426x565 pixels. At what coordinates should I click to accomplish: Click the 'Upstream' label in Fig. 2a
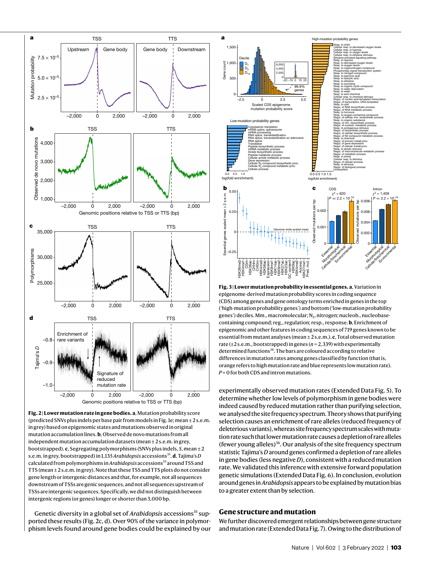pyautogui.click(x=78, y=49)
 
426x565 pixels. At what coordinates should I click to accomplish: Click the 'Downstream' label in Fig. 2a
pyautogui.click(x=191, y=49)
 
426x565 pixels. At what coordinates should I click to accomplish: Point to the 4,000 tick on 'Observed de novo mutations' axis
pyautogui.click(x=47, y=143)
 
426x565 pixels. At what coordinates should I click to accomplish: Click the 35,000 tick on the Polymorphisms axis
pyautogui.click(x=45, y=232)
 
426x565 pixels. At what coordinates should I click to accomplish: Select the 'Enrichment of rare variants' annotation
pyautogui.click(x=72, y=337)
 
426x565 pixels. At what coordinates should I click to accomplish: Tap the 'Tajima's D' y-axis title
pyautogui.click(x=37, y=358)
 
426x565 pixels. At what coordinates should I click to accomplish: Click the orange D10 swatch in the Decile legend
pyautogui.click(x=241, y=73)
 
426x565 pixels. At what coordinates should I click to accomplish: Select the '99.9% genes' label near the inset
pyautogui.click(x=299, y=88)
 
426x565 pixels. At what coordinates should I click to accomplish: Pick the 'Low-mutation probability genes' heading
pyautogui.click(x=254, y=121)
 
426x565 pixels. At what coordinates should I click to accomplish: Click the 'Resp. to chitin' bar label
pyautogui.click(x=342, y=45)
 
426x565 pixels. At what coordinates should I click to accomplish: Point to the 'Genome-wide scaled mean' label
pyautogui.click(x=291, y=229)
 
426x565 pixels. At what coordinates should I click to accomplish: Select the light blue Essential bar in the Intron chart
pyautogui.click(x=375, y=232)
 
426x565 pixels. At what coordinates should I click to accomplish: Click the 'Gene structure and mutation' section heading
pyautogui.click(x=267, y=512)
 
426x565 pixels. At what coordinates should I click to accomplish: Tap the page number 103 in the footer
pyautogui.click(x=396, y=548)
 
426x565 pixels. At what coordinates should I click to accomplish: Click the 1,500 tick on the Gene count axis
pyautogui.click(x=231, y=47)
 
